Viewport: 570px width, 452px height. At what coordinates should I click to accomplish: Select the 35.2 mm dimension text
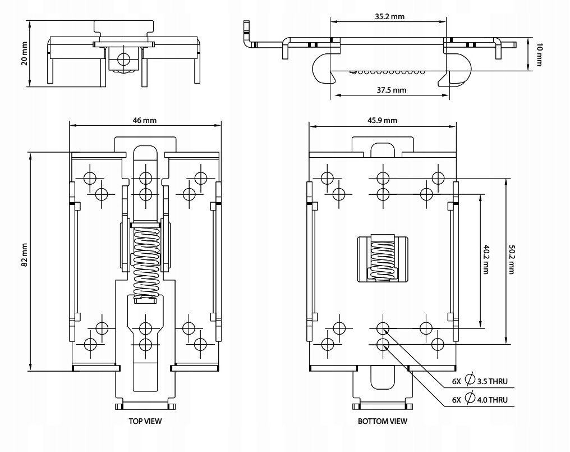389,17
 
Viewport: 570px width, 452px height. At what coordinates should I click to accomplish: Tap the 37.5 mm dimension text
391,89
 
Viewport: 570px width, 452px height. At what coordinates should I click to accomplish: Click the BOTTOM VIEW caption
383,420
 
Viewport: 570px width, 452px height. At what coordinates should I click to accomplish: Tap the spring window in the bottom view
383,258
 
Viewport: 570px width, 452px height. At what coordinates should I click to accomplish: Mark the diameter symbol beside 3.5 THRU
471,380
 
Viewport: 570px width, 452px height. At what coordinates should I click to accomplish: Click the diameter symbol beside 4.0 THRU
471,399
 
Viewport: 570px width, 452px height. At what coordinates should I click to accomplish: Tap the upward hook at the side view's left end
246,33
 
